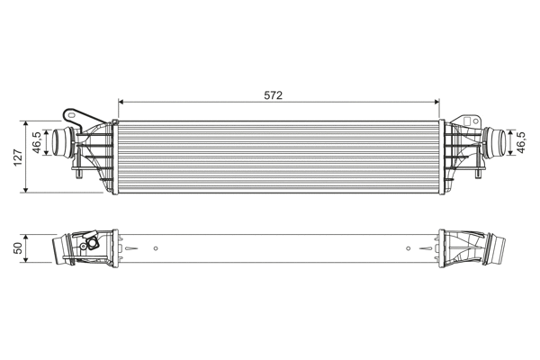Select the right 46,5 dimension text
(520, 141)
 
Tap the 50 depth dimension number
(17, 247)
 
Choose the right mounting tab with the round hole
(467, 120)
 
